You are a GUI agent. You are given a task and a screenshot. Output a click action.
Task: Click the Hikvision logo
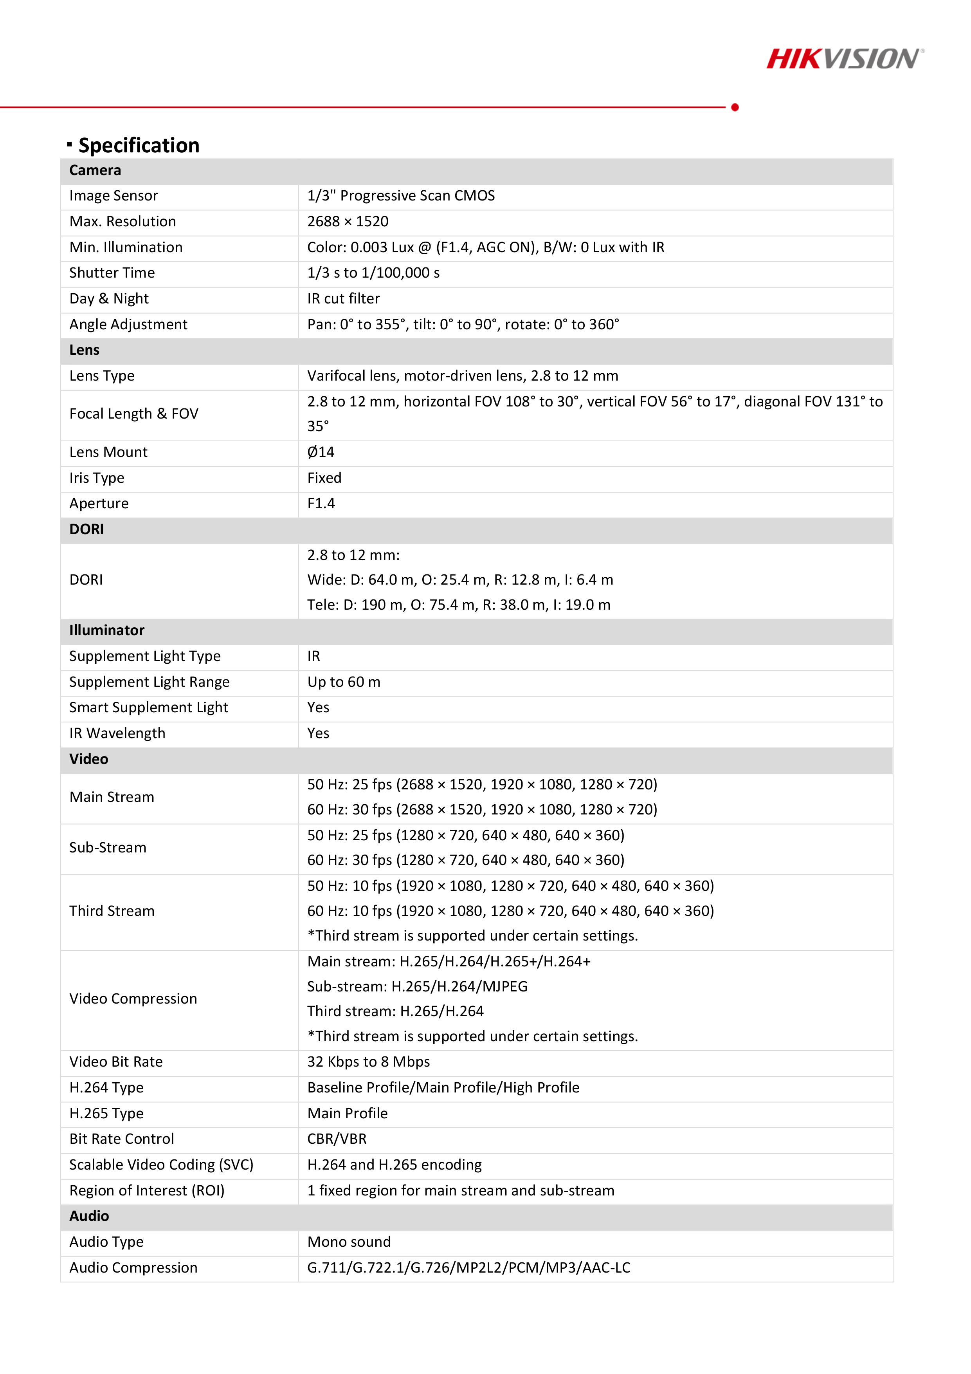[x=845, y=59]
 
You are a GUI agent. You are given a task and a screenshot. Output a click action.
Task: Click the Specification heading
[x=139, y=145]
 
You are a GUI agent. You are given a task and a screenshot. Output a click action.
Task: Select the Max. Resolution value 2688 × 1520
[x=348, y=221]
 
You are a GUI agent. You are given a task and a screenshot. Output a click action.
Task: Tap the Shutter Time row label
[x=112, y=273]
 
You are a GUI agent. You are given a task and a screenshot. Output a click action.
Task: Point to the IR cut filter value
[x=343, y=299]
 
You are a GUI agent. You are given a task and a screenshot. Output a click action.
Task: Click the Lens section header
[x=85, y=350]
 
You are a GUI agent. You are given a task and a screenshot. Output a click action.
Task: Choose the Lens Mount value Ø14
[x=321, y=452]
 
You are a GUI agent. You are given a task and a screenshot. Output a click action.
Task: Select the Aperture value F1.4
[x=321, y=503]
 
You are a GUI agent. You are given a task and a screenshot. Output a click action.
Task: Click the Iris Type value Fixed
[x=324, y=478]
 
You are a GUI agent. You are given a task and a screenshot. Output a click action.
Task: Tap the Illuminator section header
[x=106, y=630]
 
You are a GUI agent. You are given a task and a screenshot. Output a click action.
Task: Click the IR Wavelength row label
[x=117, y=733]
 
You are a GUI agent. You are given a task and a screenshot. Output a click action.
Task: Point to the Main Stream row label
[x=112, y=797]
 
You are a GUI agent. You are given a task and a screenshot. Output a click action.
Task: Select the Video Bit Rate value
[x=369, y=1062]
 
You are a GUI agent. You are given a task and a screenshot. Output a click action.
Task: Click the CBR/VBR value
[x=337, y=1139]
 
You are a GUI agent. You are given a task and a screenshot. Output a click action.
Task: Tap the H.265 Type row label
[x=106, y=1113]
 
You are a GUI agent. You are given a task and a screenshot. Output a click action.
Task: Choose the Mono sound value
[x=349, y=1242]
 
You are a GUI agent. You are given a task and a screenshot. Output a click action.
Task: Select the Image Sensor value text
[x=401, y=196]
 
